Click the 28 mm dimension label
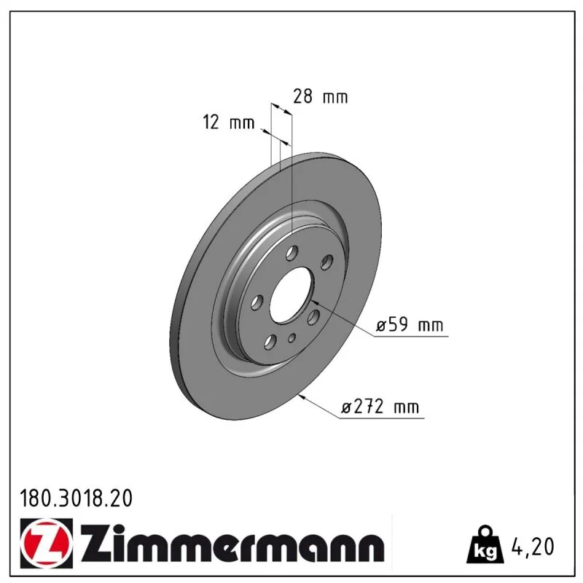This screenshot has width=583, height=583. click(320, 97)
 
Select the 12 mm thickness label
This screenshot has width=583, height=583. click(229, 122)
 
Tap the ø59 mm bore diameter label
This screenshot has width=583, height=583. click(410, 324)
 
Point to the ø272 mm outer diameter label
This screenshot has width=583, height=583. click(380, 407)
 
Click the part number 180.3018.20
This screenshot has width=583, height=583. click(76, 498)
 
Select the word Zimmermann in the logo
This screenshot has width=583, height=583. click(232, 543)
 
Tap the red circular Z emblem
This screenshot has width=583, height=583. click(47, 543)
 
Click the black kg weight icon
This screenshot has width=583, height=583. click(485, 544)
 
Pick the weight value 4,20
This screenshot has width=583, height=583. click(533, 546)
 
